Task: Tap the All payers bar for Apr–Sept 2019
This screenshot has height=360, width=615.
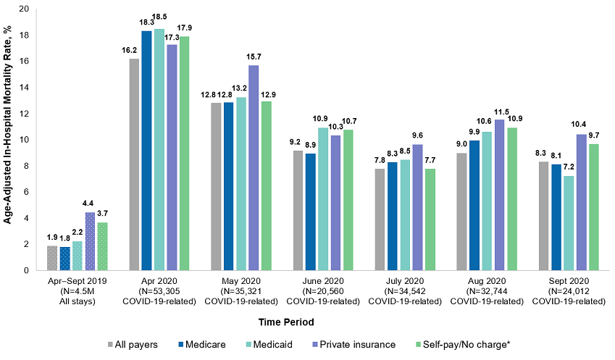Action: [x=52, y=258]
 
